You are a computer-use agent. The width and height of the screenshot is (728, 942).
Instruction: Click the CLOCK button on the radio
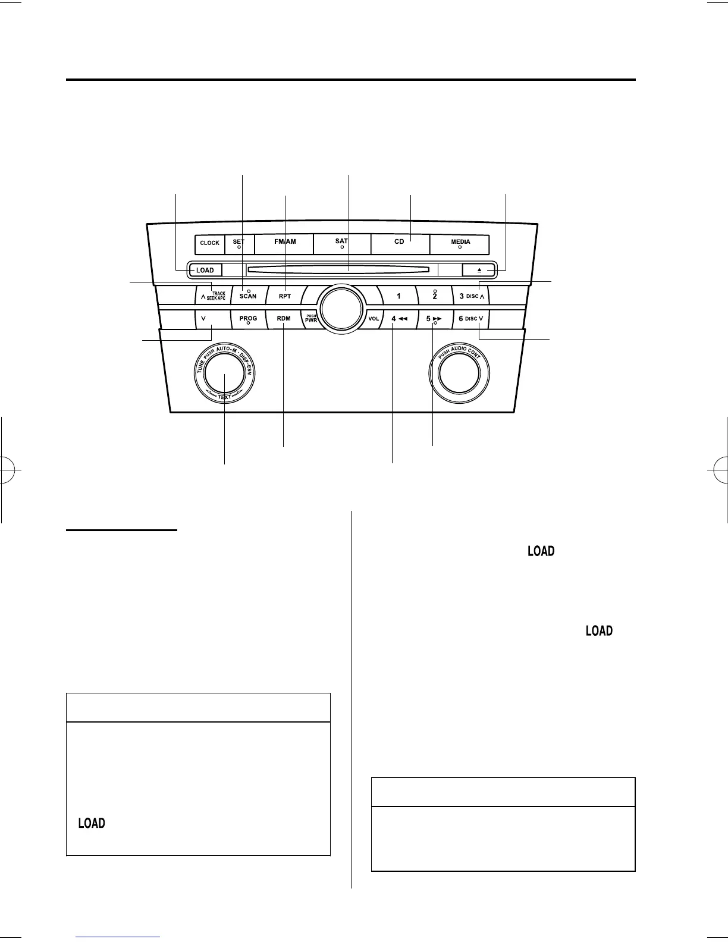[x=209, y=243]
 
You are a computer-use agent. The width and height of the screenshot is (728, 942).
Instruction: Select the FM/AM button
[x=284, y=244]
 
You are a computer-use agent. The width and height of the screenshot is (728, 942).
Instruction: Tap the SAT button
[x=341, y=244]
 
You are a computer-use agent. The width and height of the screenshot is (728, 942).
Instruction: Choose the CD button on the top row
[x=399, y=244]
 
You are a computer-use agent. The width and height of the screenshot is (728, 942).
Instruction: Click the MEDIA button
[x=460, y=244]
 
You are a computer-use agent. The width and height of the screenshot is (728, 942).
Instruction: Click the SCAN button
[x=248, y=296]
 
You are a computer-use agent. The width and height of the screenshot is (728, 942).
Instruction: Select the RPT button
[x=284, y=296]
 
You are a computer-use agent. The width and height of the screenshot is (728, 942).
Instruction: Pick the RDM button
[x=284, y=319]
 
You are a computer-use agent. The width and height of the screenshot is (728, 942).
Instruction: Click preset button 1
[x=398, y=296]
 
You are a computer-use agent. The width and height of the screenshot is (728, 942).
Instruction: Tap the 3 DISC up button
[x=472, y=296]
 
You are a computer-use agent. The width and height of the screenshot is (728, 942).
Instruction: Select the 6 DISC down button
[x=472, y=319]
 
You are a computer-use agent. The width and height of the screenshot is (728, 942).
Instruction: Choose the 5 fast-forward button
[x=434, y=319]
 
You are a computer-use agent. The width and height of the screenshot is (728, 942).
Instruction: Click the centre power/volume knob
[x=341, y=307]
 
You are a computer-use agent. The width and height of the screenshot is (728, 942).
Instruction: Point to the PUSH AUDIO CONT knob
[x=459, y=373]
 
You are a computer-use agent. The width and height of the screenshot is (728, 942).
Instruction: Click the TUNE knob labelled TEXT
[x=225, y=374]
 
